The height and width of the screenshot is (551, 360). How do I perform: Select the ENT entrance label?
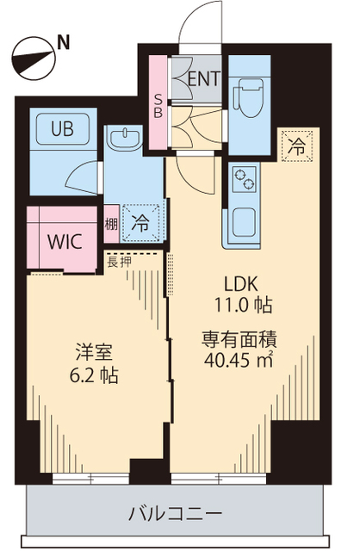pos(204,78)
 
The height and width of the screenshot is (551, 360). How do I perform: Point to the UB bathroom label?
pos(61,129)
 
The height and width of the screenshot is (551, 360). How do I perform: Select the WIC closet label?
pos(65,240)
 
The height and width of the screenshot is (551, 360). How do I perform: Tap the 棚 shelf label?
pos(112,224)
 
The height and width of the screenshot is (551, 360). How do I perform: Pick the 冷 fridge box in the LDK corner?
pos(296,146)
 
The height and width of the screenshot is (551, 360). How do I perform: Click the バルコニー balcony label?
pos(176,513)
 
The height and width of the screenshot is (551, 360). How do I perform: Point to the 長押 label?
pos(119,261)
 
